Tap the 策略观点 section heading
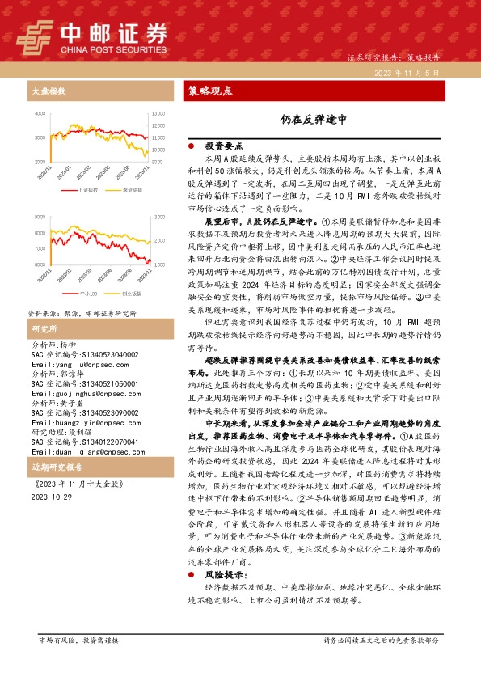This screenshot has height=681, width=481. (210, 91)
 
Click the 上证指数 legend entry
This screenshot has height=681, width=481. (86, 190)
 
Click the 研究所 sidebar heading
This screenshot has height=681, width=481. (44, 307)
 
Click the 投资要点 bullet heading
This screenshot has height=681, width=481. (225, 146)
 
